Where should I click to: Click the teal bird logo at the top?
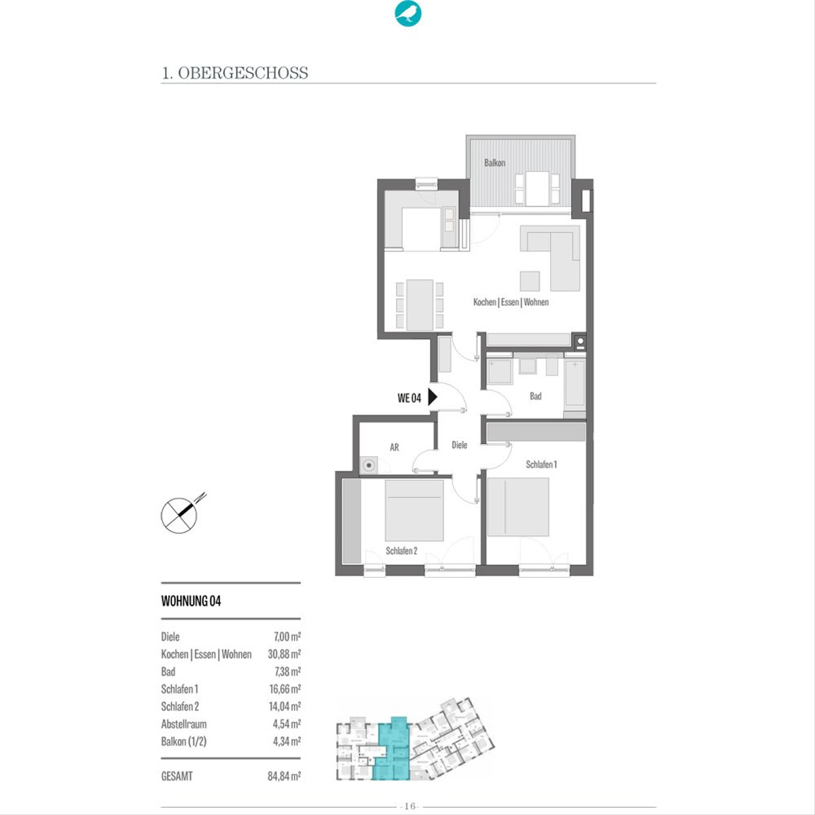point(407,14)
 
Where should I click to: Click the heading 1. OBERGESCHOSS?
point(235,73)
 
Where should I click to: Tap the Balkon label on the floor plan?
point(494,163)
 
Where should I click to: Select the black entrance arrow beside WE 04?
point(432,397)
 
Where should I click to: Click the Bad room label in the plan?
point(535,396)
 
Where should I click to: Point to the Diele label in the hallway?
point(459,444)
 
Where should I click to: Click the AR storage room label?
point(394,447)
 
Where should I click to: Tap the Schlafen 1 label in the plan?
point(541,465)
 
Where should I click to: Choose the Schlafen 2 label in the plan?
point(401,551)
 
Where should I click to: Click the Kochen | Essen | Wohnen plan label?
point(511,302)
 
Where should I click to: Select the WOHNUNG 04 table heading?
point(191,601)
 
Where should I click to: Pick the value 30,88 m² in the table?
point(284,654)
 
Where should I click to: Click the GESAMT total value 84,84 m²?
point(284,776)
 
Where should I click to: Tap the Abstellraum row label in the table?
point(184,724)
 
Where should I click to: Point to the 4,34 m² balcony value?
point(287,742)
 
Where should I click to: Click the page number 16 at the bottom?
point(410,805)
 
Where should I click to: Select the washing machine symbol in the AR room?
point(369,465)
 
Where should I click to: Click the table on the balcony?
point(537,188)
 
